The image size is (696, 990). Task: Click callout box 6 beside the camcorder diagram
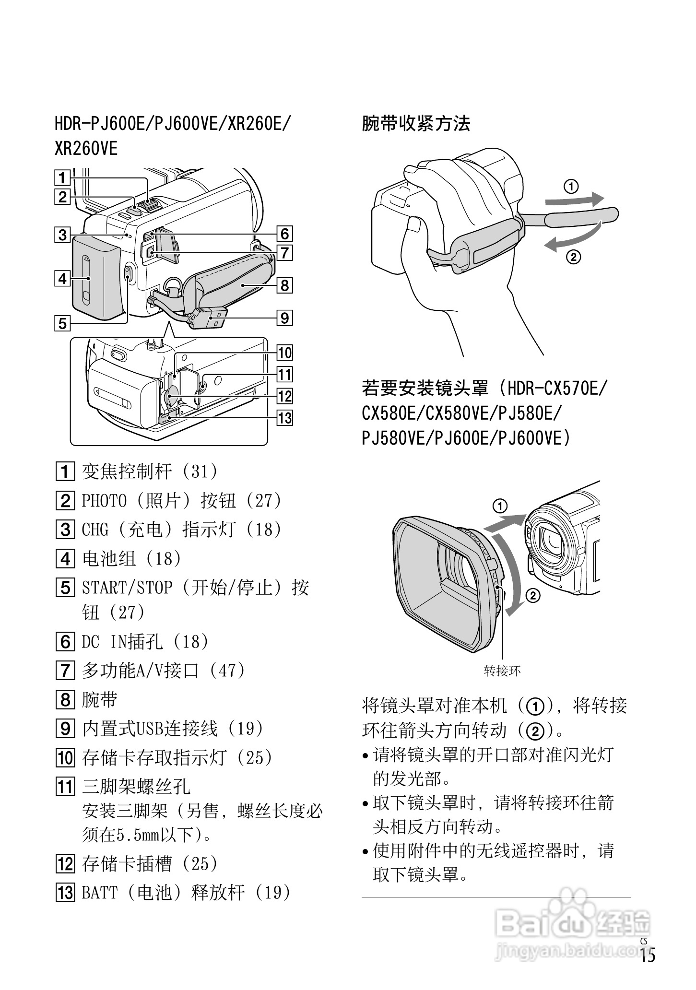pyautogui.click(x=284, y=234)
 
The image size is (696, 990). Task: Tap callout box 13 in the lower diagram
pyautogui.click(x=284, y=418)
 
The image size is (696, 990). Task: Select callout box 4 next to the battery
pyautogui.click(x=62, y=278)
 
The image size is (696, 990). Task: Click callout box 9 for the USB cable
pyautogui.click(x=284, y=318)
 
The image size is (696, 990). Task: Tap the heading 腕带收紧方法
pyautogui.click(x=415, y=124)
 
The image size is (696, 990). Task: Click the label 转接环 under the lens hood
pyautogui.click(x=502, y=671)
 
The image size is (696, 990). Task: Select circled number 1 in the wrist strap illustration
pyautogui.click(x=570, y=186)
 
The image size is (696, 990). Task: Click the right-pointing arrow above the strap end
pyautogui.click(x=576, y=199)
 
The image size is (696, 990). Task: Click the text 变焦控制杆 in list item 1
pyautogui.click(x=127, y=471)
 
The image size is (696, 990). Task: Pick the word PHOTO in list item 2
pyautogui.click(x=104, y=501)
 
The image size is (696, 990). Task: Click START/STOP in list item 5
pyautogui.click(x=127, y=588)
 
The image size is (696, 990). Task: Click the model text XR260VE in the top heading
pyautogui.click(x=86, y=148)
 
